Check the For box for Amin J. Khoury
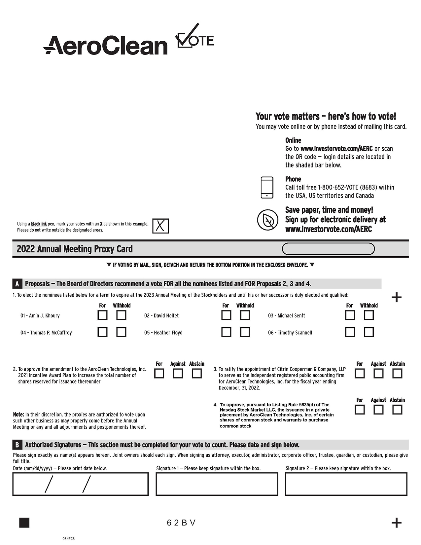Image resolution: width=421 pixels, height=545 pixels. pos(102,315)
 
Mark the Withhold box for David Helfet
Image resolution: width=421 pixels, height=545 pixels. pos(245,315)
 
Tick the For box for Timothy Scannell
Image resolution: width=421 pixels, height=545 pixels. pos(350,332)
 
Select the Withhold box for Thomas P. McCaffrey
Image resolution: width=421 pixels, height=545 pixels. pos(121,332)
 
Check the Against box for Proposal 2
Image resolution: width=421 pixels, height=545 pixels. pos(178,374)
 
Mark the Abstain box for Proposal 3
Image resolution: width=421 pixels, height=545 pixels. pos(397,374)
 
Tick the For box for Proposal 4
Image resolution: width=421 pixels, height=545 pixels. pos(360,410)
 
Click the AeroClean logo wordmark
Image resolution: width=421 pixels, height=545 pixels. pos(106,46)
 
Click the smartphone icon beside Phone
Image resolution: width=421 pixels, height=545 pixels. pos(267,187)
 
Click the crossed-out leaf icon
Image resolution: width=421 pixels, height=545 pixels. pos(268,220)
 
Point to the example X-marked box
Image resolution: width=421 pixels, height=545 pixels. pos(160,226)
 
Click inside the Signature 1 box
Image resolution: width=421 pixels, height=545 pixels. pos(217,484)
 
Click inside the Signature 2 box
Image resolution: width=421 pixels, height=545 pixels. pos(346,484)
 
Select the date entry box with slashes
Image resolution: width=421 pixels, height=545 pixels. pos(81,484)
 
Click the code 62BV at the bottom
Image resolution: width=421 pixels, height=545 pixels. pos(181,523)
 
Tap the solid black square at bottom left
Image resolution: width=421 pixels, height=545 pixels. pos(24,523)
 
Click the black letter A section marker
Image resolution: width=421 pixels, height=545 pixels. pos(17,284)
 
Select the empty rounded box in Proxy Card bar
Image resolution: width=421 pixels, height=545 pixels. pos(328,249)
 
